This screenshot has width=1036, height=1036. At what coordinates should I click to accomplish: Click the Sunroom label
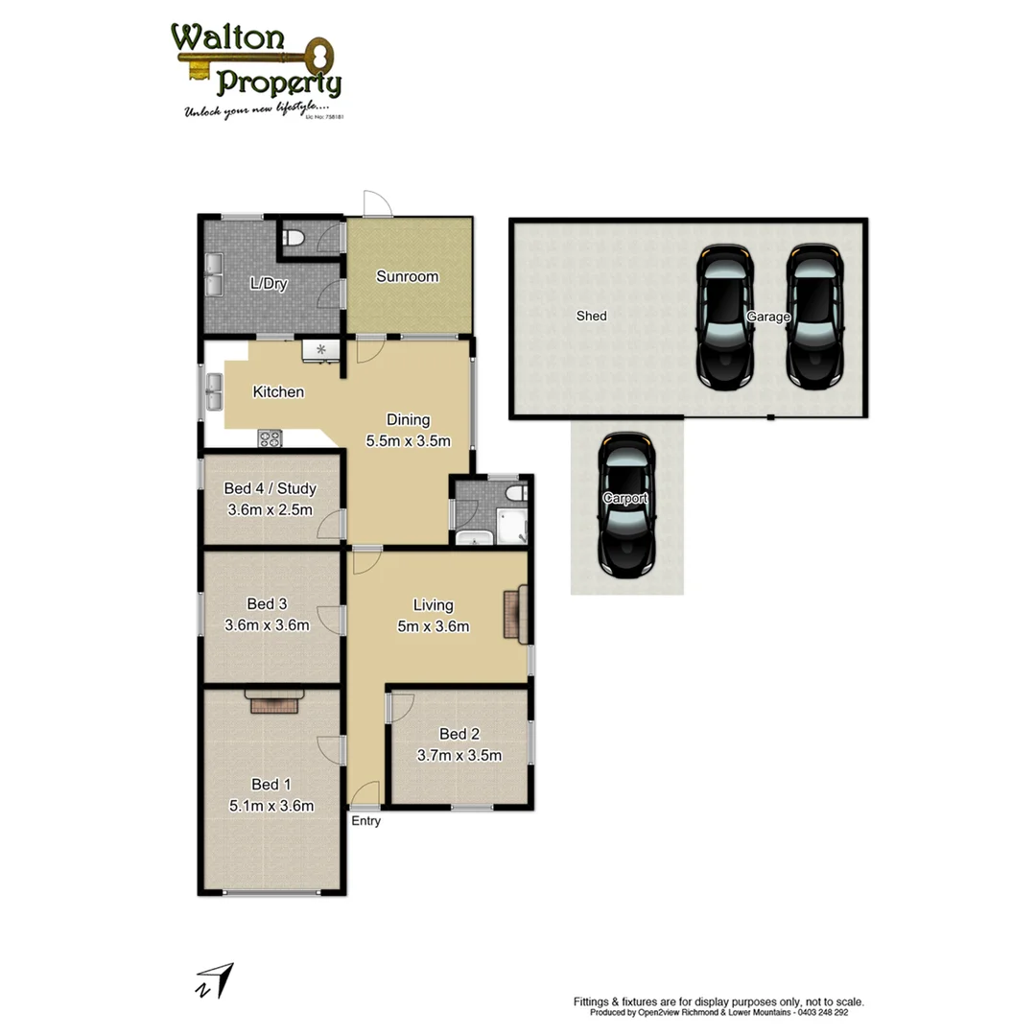[x=407, y=277]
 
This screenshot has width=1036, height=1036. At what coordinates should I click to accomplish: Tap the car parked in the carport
[x=625, y=505]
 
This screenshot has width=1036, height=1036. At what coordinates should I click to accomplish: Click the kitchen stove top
[x=270, y=439]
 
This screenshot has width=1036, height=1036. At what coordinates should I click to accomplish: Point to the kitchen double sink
[x=211, y=390]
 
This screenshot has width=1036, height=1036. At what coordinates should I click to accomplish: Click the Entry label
[x=365, y=821]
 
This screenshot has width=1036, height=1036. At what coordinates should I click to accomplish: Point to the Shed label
[x=591, y=316]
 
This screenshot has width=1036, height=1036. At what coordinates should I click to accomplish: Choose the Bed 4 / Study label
[x=270, y=488]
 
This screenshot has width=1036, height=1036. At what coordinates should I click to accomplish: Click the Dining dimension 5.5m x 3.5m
[x=408, y=441]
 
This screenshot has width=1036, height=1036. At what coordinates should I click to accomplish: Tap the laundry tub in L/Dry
[x=211, y=273]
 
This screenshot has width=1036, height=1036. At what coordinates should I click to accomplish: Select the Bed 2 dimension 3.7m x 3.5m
[x=459, y=755]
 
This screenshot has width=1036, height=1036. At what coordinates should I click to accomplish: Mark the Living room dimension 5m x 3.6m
[x=433, y=627]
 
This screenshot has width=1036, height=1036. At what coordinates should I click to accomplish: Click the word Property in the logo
[x=278, y=83]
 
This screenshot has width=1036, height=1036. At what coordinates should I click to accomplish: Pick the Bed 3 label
[x=267, y=603]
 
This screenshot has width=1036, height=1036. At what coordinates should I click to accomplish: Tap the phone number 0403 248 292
[x=822, y=1012]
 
